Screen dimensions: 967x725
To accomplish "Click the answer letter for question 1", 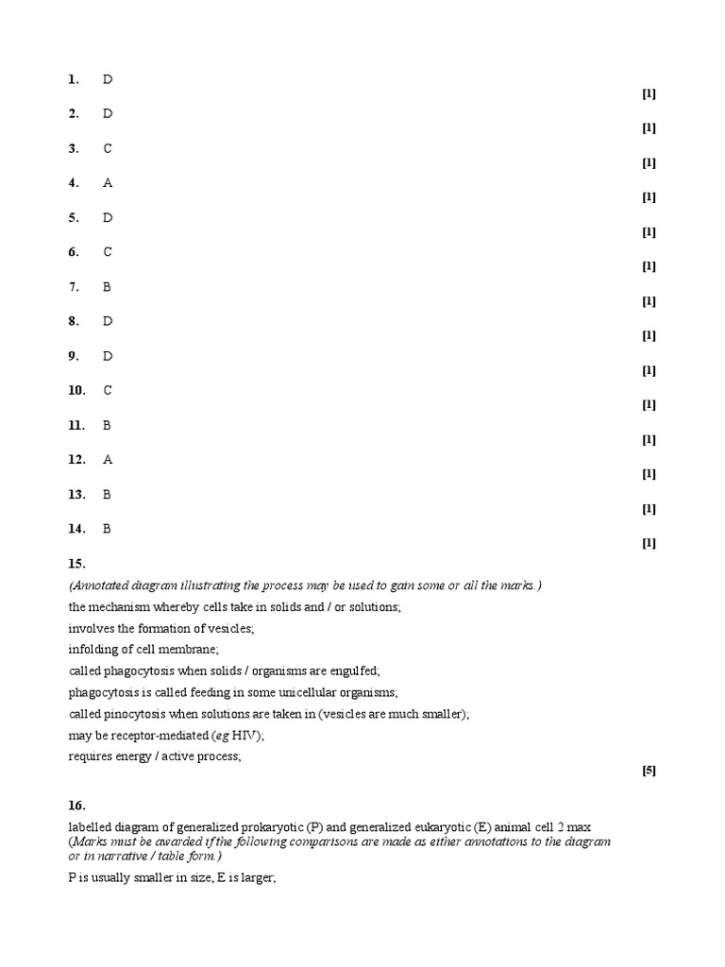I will (x=108, y=79).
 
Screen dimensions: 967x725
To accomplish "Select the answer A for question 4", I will (x=108, y=183).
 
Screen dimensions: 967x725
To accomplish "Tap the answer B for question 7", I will (x=108, y=287).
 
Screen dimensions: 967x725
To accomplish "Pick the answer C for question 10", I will (x=108, y=391).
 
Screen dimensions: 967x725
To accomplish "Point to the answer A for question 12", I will (x=108, y=460).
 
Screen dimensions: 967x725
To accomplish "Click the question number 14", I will (x=76, y=529).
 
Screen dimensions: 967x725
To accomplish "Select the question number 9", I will (x=74, y=356).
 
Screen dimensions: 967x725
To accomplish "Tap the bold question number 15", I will (x=76, y=564).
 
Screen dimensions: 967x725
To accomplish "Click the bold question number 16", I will (x=76, y=806).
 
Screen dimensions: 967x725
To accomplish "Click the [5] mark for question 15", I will (x=649, y=771).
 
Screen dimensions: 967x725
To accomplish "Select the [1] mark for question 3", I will (x=649, y=162).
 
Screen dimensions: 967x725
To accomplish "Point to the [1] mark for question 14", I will (x=649, y=543).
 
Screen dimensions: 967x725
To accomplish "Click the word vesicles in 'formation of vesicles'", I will (x=229, y=628).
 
